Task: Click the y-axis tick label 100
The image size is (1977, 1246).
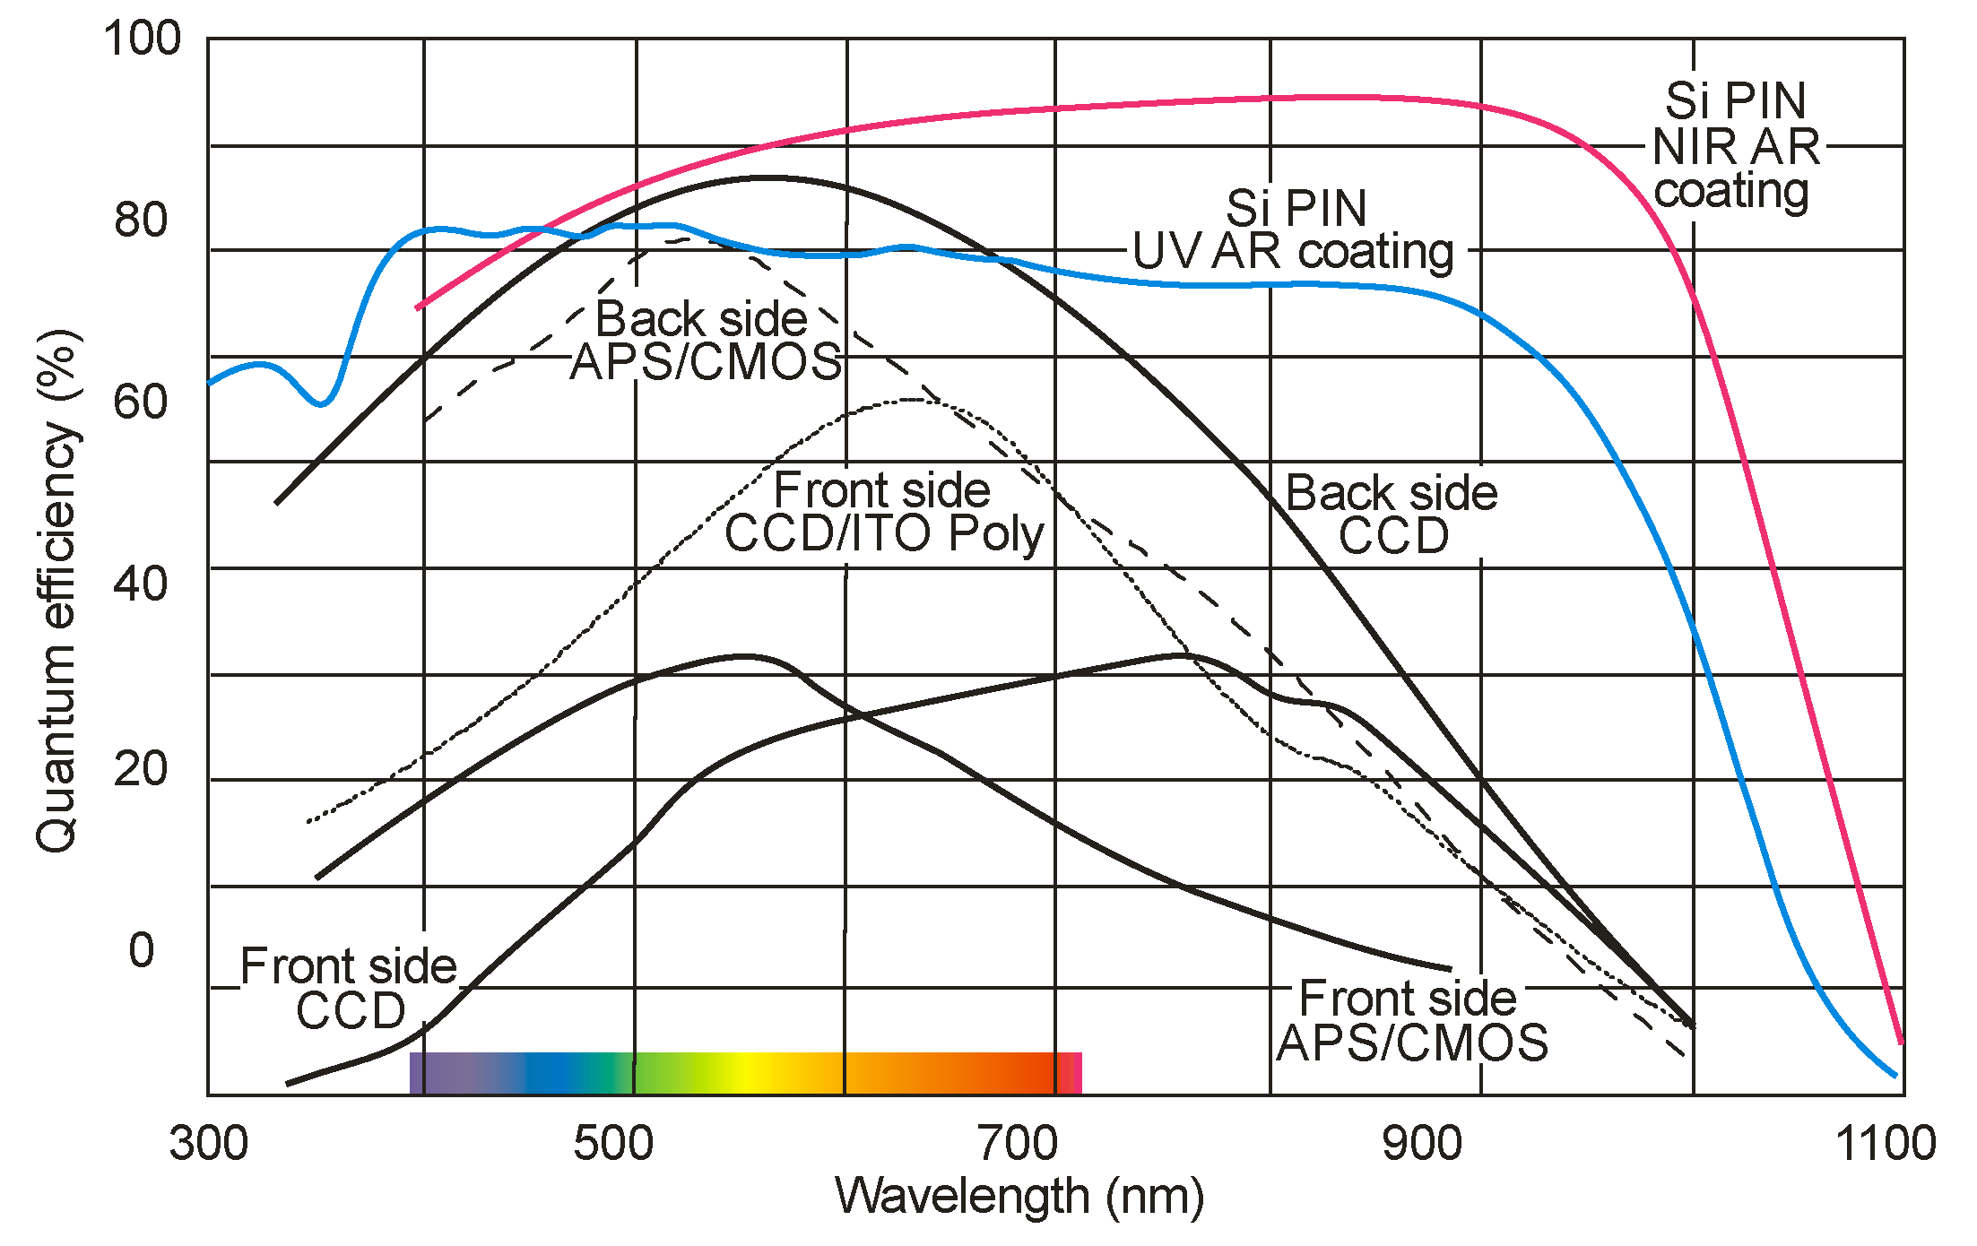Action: point(142,39)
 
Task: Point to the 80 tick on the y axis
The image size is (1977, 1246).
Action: point(141,220)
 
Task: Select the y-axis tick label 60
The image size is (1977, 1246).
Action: point(141,402)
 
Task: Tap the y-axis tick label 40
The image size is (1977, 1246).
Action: point(141,584)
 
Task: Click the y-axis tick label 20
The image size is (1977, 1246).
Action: point(141,768)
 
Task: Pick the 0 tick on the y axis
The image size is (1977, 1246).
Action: point(142,950)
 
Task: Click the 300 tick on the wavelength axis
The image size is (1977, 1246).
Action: point(208,1144)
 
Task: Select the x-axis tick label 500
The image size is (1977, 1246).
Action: point(613,1144)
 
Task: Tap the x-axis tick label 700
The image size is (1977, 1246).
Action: point(1018,1144)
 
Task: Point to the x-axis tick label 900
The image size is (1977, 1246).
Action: point(1422,1144)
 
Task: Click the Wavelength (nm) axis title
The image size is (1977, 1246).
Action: point(1019,1197)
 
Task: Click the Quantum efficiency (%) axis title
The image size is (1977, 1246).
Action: point(57,592)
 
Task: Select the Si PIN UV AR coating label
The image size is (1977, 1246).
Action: point(1294,229)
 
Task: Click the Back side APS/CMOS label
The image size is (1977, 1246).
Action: point(705,341)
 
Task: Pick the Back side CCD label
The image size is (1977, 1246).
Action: point(1392,515)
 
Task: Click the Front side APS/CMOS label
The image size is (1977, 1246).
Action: point(1411,1020)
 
